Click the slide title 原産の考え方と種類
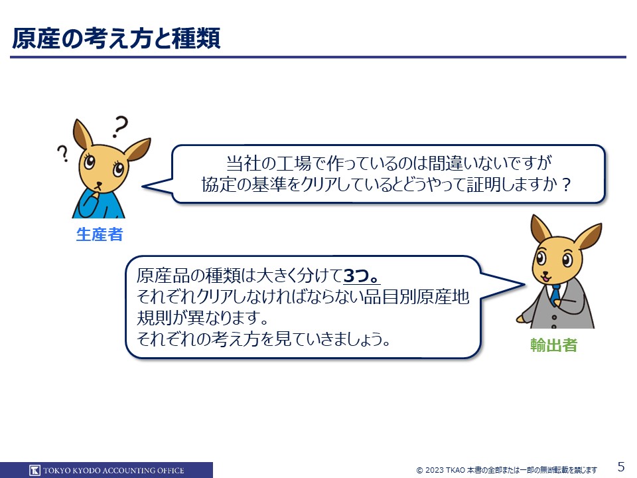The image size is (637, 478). pyautogui.click(x=116, y=39)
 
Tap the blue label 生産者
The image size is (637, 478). pyautogui.click(x=100, y=234)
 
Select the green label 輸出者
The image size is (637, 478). pyautogui.click(x=553, y=345)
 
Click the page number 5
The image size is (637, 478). pyautogui.click(x=621, y=466)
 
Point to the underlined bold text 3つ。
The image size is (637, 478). pyautogui.click(x=362, y=276)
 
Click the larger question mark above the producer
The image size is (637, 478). pyautogui.click(x=120, y=126)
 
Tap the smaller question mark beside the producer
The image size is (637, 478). pyautogui.click(x=63, y=153)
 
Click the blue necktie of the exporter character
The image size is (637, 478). pyautogui.click(x=555, y=294)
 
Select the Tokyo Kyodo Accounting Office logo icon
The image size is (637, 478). pyautogui.click(x=35, y=470)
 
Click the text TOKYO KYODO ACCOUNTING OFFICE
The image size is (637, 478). pyautogui.click(x=113, y=470)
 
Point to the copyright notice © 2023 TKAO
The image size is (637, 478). pyautogui.click(x=441, y=470)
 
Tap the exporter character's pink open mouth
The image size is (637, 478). pyautogui.click(x=545, y=279)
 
